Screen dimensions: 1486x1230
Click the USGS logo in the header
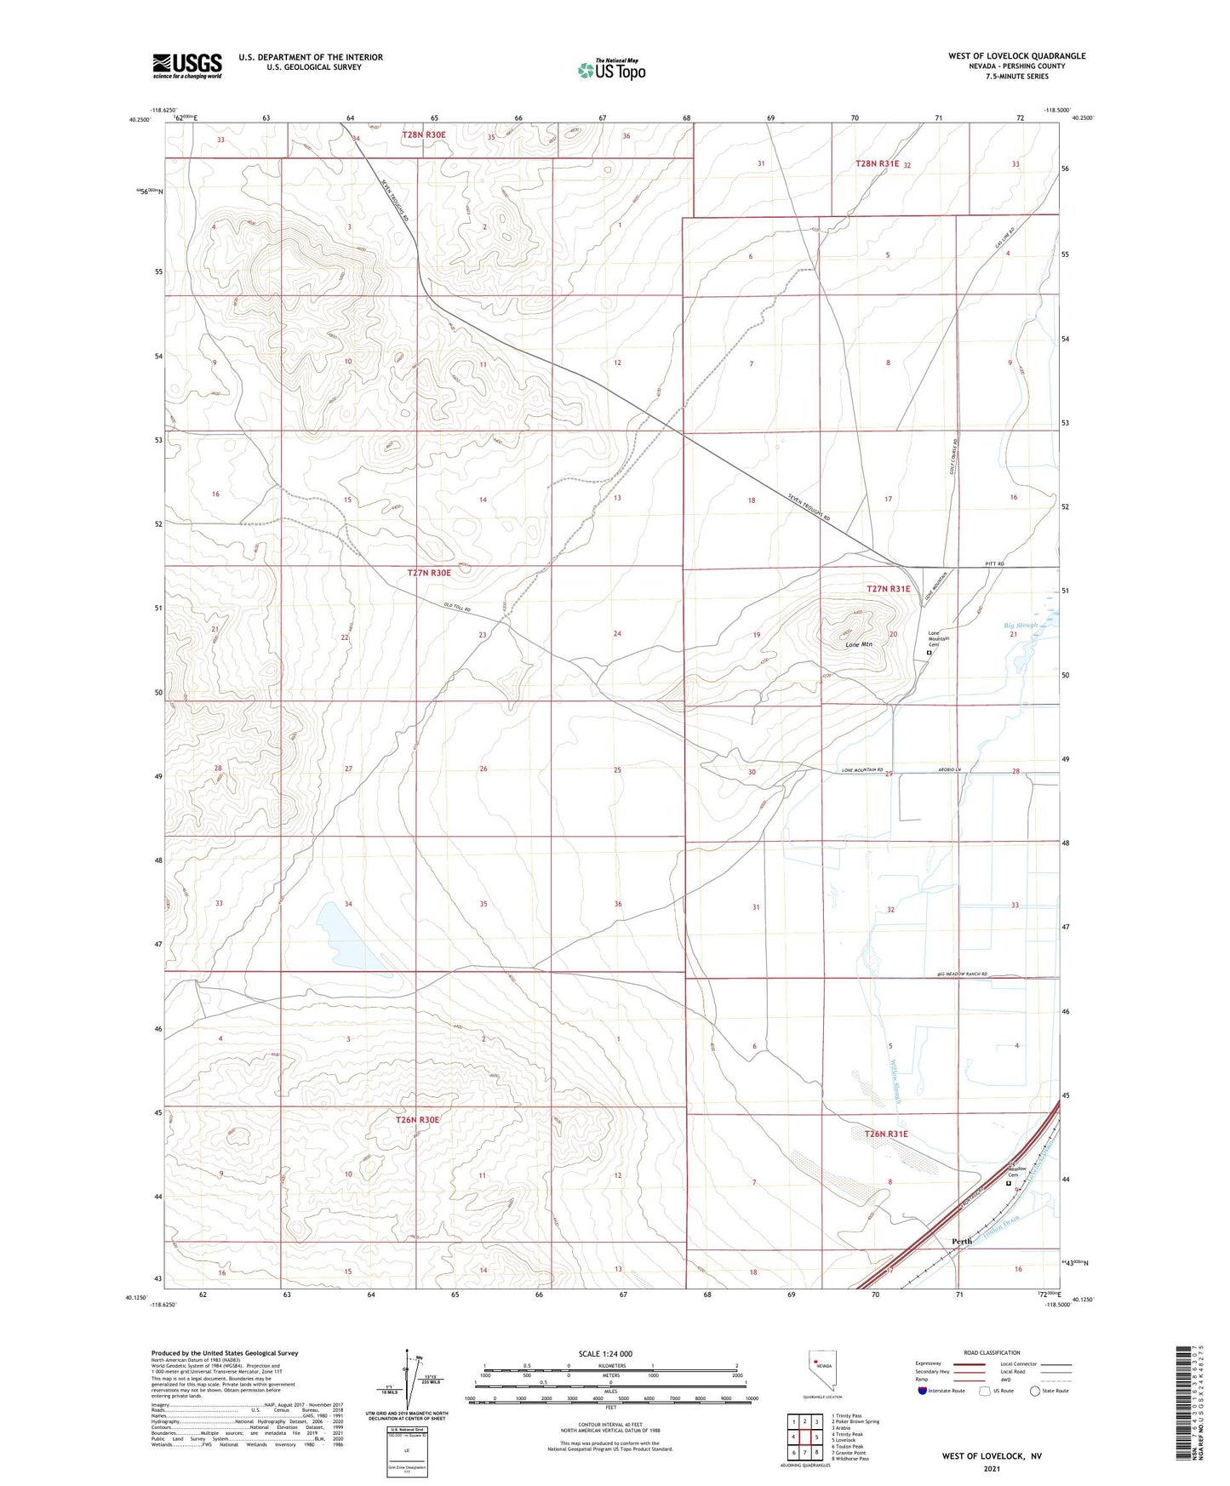tap(187, 65)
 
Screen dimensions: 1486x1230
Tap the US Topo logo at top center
tap(610, 70)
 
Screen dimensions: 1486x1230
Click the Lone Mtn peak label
tap(859, 644)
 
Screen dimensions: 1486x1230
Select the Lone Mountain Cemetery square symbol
tap(929, 653)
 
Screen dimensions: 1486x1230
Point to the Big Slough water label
tap(1021, 626)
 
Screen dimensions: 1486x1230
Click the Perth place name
tap(961, 1241)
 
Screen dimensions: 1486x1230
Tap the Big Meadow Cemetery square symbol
tap(1010, 1183)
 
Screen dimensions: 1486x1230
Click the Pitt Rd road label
tap(994, 564)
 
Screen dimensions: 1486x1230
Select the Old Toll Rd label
tap(456, 608)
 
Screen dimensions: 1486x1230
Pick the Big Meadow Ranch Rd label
tap(962, 974)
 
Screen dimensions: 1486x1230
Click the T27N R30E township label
tap(429, 573)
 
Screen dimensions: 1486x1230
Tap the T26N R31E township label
tap(886, 1134)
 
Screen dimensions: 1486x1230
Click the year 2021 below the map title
tap(991, 1469)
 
